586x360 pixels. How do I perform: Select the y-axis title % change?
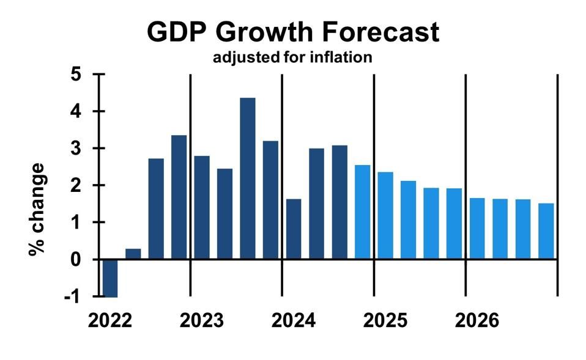[x=37, y=209]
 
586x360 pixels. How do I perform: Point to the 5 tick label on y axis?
[x=76, y=75]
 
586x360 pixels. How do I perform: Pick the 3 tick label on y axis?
[x=76, y=149]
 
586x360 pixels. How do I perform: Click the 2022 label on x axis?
[x=110, y=320]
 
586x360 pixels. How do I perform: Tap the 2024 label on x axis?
[x=294, y=320]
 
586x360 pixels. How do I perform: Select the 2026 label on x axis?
[x=477, y=320]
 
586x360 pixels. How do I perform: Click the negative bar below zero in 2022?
[x=110, y=278]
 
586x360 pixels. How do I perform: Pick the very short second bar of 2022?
[x=133, y=254]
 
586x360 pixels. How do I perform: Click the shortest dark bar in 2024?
[x=294, y=229]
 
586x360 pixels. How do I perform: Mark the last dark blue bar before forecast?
[x=339, y=202]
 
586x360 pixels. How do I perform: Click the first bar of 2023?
[x=202, y=207]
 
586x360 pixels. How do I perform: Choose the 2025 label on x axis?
[x=385, y=320]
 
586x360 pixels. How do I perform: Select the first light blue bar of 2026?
[x=477, y=229]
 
